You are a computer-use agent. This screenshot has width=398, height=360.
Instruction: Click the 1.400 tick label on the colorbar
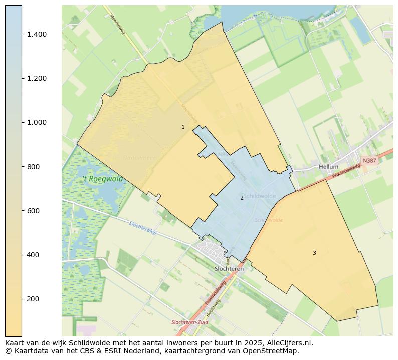pyautogui.click(x=37, y=34)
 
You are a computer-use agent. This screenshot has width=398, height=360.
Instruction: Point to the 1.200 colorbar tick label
pyautogui.click(x=37, y=78)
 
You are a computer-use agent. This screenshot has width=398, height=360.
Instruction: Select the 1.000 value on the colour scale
pyautogui.click(x=37, y=122)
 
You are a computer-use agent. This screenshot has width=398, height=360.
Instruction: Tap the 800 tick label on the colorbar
pyautogui.click(x=34, y=167)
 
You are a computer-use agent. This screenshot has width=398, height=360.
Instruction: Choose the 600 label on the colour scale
pyautogui.click(x=34, y=211)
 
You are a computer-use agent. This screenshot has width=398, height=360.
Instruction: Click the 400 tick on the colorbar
pyautogui.click(x=34, y=255)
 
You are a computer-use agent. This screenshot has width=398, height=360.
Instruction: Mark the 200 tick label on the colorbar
pyautogui.click(x=34, y=299)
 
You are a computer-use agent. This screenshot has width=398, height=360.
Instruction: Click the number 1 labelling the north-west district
pyautogui.click(x=183, y=127)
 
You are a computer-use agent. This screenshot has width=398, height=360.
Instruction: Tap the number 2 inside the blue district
pyautogui.click(x=242, y=198)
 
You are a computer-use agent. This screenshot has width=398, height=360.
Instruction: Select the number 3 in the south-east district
pyautogui.click(x=314, y=253)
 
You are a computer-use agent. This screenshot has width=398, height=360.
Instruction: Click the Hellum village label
pyautogui.click(x=328, y=167)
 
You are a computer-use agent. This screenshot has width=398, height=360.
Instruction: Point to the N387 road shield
pyautogui.click(x=369, y=161)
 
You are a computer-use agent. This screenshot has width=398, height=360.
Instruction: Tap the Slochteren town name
pyautogui.click(x=229, y=269)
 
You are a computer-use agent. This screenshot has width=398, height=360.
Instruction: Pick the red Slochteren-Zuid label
pyautogui.click(x=189, y=322)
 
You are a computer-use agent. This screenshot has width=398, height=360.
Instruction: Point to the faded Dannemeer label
pyautogui.click(x=139, y=158)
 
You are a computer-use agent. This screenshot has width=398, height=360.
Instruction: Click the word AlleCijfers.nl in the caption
pyautogui.click(x=287, y=343)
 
